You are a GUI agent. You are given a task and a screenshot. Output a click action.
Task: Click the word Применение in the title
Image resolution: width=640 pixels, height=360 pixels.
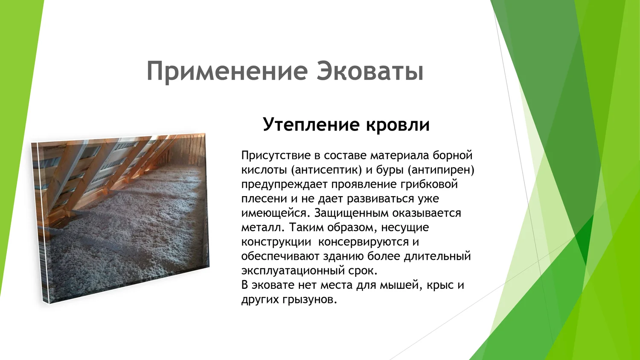227,71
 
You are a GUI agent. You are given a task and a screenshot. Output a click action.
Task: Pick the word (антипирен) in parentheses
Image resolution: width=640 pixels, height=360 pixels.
441,170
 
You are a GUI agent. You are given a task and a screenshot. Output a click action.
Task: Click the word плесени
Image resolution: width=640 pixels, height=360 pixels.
264,199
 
